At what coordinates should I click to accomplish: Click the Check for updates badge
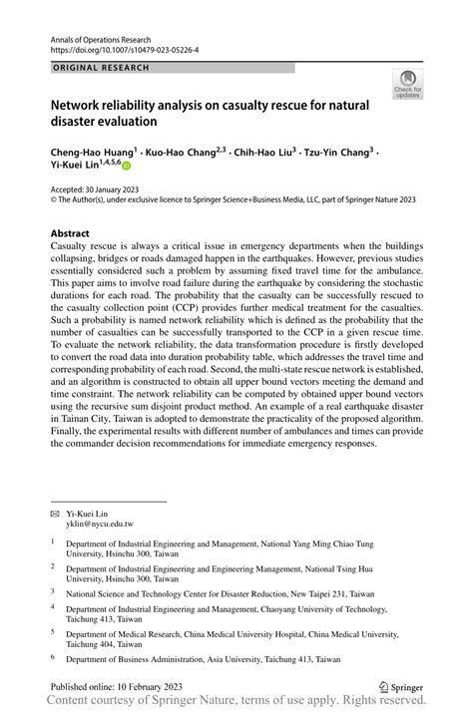[x=407, y=86]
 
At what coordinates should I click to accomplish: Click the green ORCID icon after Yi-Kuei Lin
[x=127, y=169]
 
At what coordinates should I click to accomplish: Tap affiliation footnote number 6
[x=53, y=659]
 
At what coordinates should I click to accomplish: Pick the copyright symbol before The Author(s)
[x=54, y=200]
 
